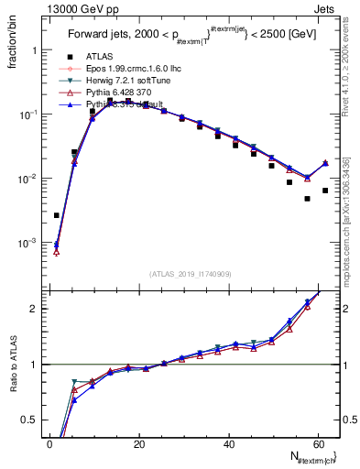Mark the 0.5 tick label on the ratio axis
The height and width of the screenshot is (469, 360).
tap(27, 420)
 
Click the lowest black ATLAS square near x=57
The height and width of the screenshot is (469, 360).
tap(308, 199)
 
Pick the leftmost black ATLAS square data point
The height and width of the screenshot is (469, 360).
tap(57, 215)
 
